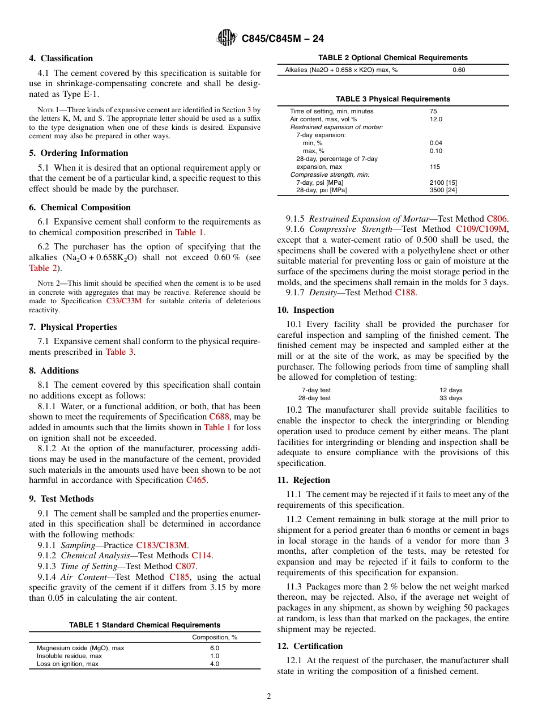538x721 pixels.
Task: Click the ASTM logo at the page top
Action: click(227, 39)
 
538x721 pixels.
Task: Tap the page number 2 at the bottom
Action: click(269, 697)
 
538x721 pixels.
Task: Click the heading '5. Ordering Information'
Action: click(79, 153)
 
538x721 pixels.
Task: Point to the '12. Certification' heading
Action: click(310, 646)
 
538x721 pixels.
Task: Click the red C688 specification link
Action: click(219, 417)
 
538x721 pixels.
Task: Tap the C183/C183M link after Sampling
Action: click(161, 545)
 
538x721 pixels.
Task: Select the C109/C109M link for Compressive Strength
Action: click(482, 229)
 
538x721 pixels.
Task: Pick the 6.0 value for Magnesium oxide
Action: click(215, 648)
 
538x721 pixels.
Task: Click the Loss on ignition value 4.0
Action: click(215, 664)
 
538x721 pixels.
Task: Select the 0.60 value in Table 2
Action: click(459, 70)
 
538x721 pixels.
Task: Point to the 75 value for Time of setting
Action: click(433, 111)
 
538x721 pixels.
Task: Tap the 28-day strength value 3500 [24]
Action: click(443, 190)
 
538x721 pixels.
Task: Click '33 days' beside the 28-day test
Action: click(451, 398)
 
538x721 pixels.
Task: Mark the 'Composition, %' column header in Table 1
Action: click(215, 637)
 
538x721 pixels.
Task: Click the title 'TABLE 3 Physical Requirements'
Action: click(393, 99)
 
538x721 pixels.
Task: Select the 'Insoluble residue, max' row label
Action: click(69, 656)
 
